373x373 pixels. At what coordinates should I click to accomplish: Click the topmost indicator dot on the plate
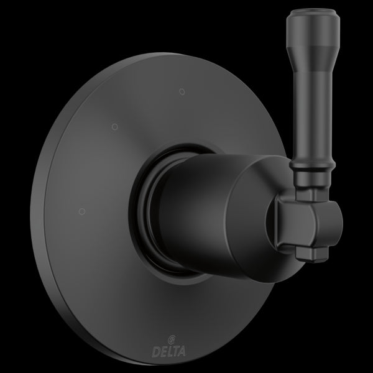pos(181,92)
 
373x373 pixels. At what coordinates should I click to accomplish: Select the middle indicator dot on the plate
pos(113,128)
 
